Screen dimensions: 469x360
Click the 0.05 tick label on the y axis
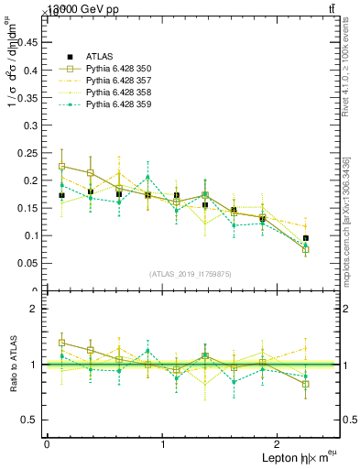pyautogui.click(x=28, y=263)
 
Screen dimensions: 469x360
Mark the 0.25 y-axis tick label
pyautogui.click(x=28, y=152)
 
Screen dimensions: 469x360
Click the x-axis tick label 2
pyautogui.click(x=278, y=444)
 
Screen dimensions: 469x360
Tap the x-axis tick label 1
pyautogui.click(x=162, y=444)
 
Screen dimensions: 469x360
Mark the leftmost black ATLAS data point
pyautogui.click(x=61, y=195)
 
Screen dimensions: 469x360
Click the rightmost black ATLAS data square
pyautogui.click(x=306, y=238)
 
